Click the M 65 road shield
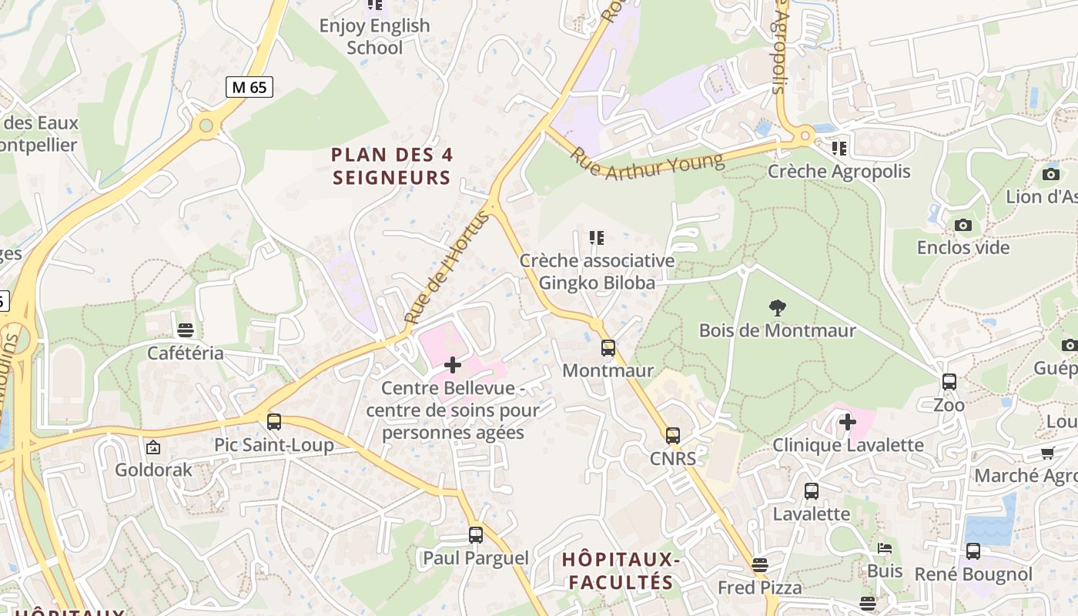click(x=249, y=87)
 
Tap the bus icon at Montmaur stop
click(x=608, y=348)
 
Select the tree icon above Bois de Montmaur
click(x=777, y=308)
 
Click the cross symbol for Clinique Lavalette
click(x=847, y=422)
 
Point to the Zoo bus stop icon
click(x=949, y=382)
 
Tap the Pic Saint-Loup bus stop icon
click(x=273, y=422)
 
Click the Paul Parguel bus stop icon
click(x=476, y=535)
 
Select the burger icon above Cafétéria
click(x=185, y=330)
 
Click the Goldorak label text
click(x=153, y=469)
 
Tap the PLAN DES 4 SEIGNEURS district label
click(x=392, y=166)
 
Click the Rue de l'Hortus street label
click(x=447, y=266)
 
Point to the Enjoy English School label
click(x=374, y=36)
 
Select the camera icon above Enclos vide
click(x=962, y=226)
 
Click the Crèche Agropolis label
click(x=839, y=171)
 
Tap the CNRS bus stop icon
click(x=673, y=436)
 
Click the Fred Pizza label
click(x=759, y=588)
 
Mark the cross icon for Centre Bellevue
click(x=453, y=365)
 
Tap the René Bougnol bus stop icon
click(x=973, y=551)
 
